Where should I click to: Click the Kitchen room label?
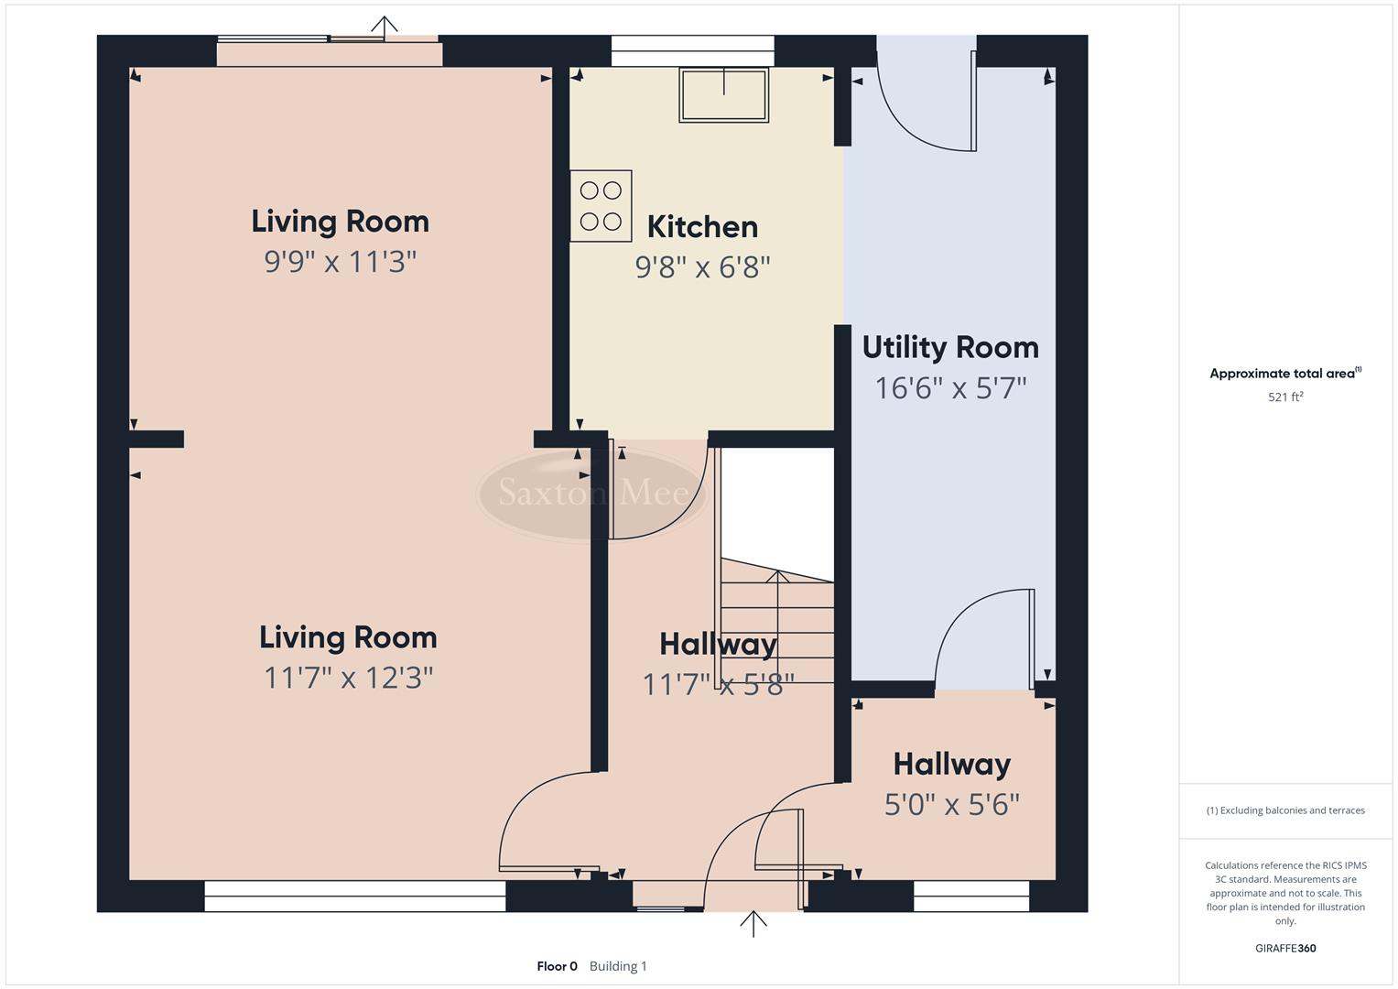pyautogui.click(x=702, y=227)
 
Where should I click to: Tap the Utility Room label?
pyautogui.click(x=950, y=348)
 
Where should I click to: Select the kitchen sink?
pyautogui.click(x=723, y=95)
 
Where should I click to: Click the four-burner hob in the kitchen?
pyautogui.click(x=601, y=206)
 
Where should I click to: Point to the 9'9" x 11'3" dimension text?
pyautogui.click(x=340, y=262)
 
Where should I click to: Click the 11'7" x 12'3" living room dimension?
pyautogui.click(x=348, y=678)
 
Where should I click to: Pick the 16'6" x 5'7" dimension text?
pyautogui.click(x=950, y=388)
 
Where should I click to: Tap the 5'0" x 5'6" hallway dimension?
pyautogui.click(x=951, y=804)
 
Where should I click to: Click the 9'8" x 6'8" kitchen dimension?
pyautogui.click(x=702, y=267)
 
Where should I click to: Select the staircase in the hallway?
pyautogui.click(x=777, y=623)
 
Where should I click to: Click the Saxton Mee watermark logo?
pyautogui.click(x=592, y=494)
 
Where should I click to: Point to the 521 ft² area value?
pyautogui.click(x=1284, y=397)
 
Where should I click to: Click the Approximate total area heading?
pyautogui.click(x=1284, y=374)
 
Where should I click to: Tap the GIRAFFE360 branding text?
pyautogui.click(x=1284, y=948)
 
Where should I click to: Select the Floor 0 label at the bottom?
pyautogui.click(x=557, y=966)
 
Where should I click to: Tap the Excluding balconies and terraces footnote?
pyautogui.click(x=1284, y=810)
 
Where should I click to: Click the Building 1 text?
pyautogui.click(x=618, y=966)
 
